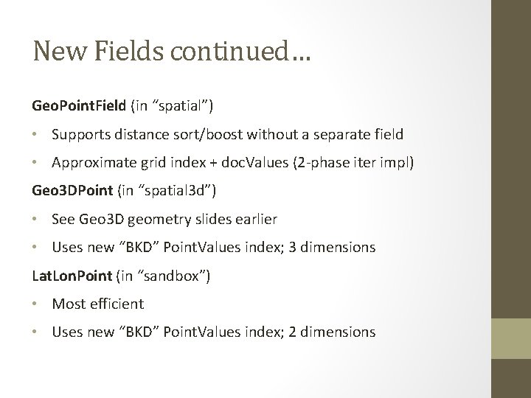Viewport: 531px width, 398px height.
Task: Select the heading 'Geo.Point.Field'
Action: tap(79, 107)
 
